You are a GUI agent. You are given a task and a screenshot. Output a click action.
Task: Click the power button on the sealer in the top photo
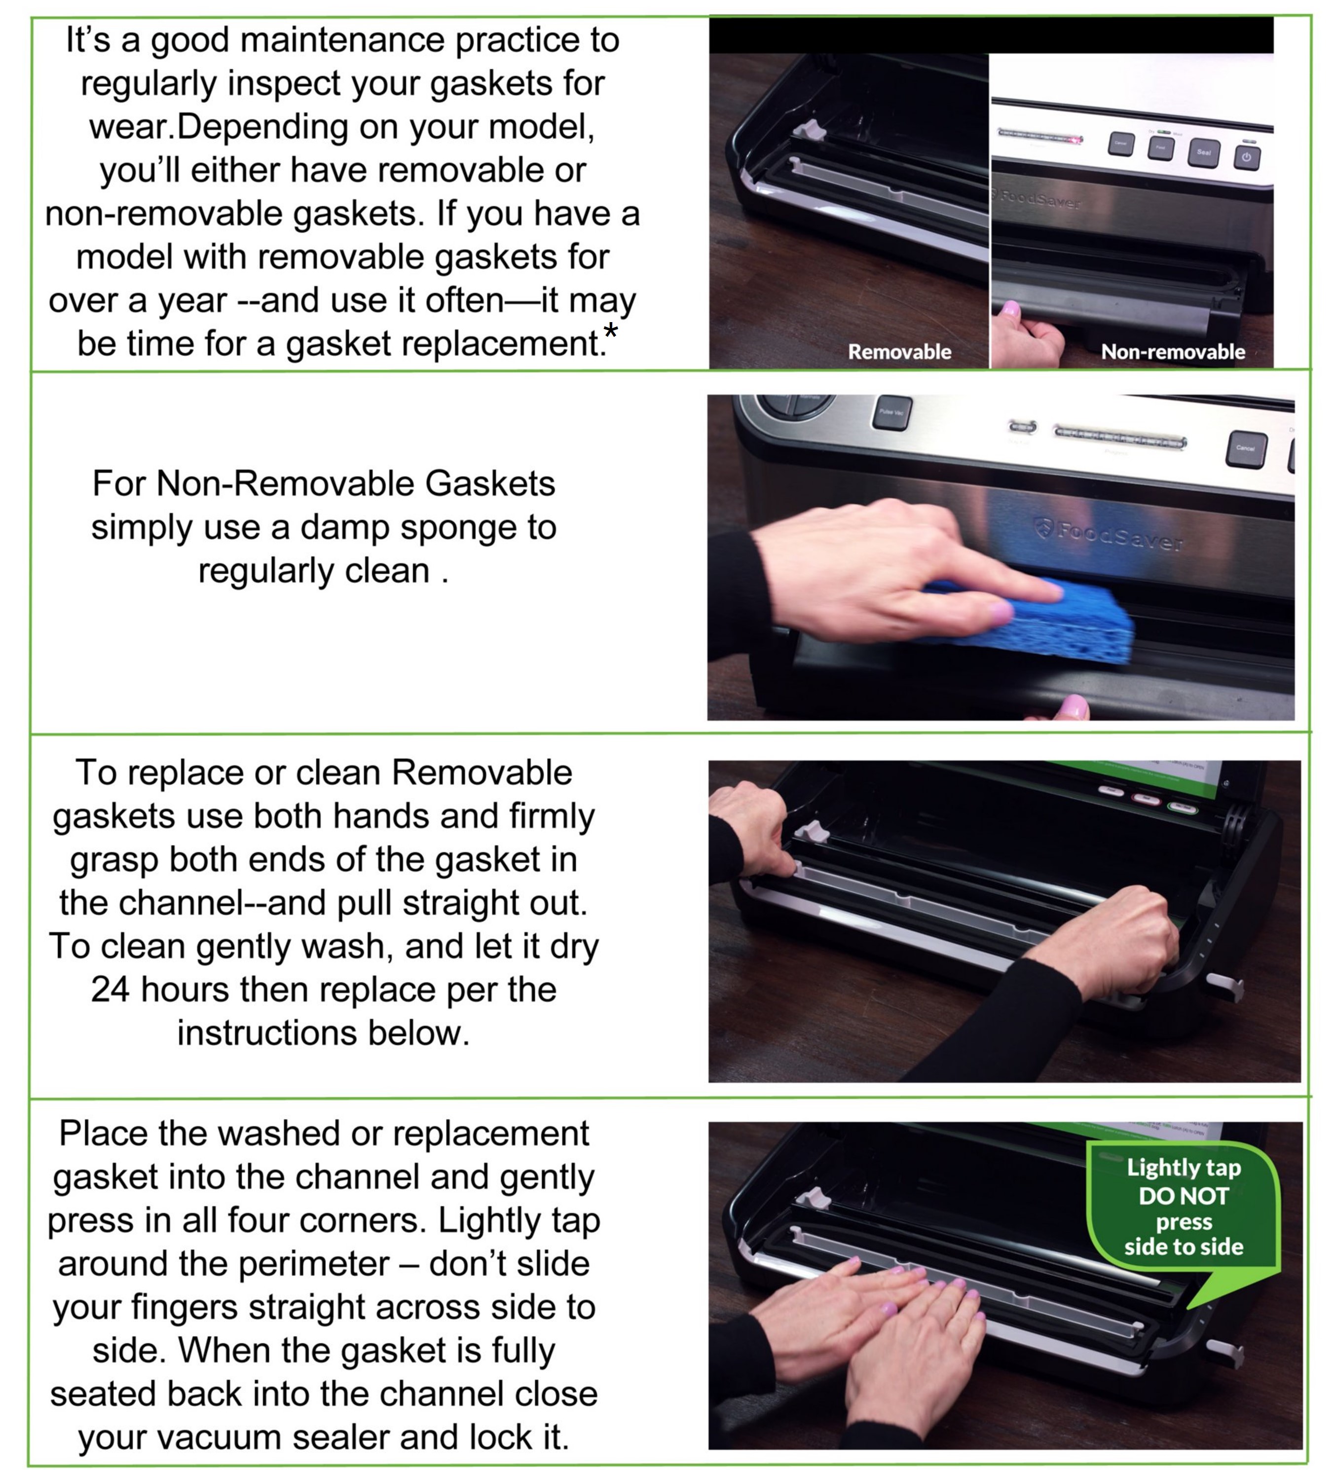click(1246, 157)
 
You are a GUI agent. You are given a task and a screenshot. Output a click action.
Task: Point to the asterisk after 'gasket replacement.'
click(610, 332)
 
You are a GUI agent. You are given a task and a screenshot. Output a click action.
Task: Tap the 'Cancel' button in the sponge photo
click(1246, 448)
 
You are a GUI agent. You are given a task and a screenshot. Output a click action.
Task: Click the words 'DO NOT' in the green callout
click(1183, 1196)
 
